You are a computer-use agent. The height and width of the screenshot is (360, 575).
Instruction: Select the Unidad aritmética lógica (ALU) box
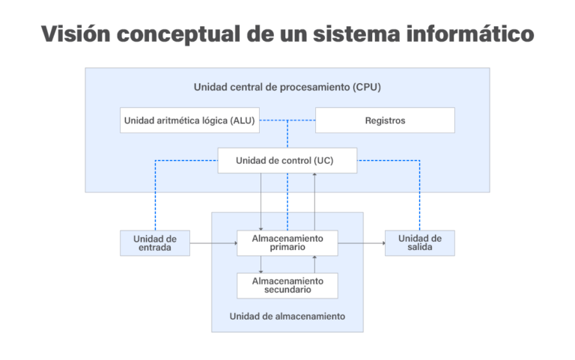tap(190, 120)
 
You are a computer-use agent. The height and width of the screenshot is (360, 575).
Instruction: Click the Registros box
tap(385, 120)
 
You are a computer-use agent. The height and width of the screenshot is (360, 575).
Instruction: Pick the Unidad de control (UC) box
tap(287, 160)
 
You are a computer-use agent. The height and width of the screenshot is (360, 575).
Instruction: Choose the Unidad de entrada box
tap(154, 243)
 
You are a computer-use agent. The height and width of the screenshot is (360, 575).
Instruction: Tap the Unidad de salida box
tap(419, 243)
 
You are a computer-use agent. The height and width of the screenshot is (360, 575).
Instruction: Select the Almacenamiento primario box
tap(287, 243)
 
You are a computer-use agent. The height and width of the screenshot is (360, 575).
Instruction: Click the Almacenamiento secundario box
tap(287, 285)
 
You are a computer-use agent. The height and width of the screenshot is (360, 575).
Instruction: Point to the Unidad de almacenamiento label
tap(287, 316)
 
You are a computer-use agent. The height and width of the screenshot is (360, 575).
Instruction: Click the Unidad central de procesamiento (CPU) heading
tap(287, 87)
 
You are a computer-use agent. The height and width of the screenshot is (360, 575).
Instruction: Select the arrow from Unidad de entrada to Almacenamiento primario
tap(213, 243)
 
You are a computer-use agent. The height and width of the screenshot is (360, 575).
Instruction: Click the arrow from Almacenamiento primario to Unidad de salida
tap(361, 243)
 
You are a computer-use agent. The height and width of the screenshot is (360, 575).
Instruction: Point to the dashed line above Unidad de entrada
tap(155, 195)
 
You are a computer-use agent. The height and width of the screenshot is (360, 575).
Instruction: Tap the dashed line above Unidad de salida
tap(419, 195)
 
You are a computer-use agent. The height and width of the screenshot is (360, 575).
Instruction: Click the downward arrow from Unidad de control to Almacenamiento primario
tap(261, 202)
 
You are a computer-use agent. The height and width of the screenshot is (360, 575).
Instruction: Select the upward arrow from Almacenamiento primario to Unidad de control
tap(314, 202)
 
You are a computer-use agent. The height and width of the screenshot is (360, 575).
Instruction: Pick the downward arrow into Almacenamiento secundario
tap(261, 264)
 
